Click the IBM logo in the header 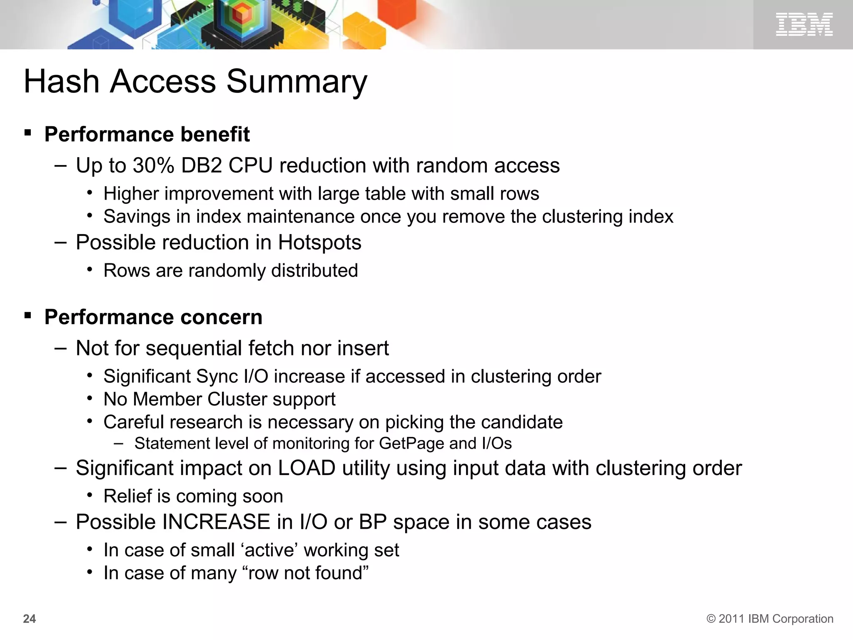point(804,24)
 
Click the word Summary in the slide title point(297,82)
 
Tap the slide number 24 point(30,619)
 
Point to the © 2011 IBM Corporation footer point(770,619)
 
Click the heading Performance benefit point(147,134)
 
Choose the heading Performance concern point(153,317)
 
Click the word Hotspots point(319,242)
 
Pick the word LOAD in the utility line point(307,468)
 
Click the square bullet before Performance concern point(28,316)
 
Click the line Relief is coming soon point(193,496)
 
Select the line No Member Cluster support point(219,399)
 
